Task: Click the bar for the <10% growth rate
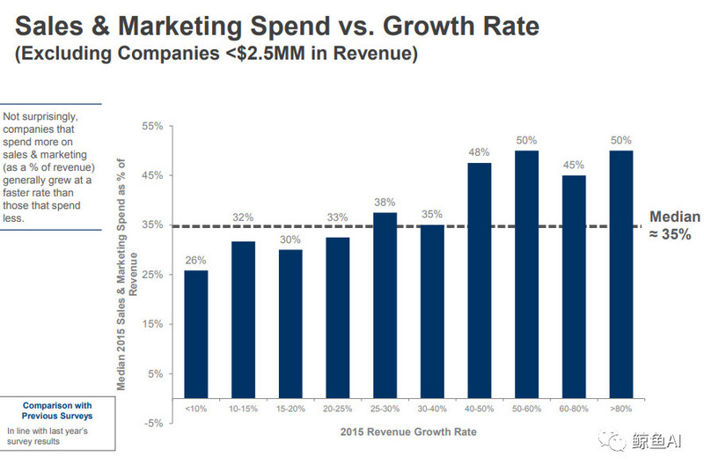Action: click(196, 334)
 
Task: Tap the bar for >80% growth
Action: click(621, 274)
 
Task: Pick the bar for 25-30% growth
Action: click(385, 305)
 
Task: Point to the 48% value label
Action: click(480, 153)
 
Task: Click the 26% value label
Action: click(196, 260)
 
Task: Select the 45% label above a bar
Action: click(574, 166)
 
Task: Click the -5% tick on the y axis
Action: click(153, 423)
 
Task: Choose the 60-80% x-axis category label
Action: click(574, 409)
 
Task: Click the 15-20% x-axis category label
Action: click(290, 409)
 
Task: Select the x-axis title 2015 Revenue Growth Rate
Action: click(409, 432)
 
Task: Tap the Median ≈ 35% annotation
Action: click(675, 225)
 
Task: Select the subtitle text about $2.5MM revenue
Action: click(216, 54)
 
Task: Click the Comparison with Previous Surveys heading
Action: click(57, 410)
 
